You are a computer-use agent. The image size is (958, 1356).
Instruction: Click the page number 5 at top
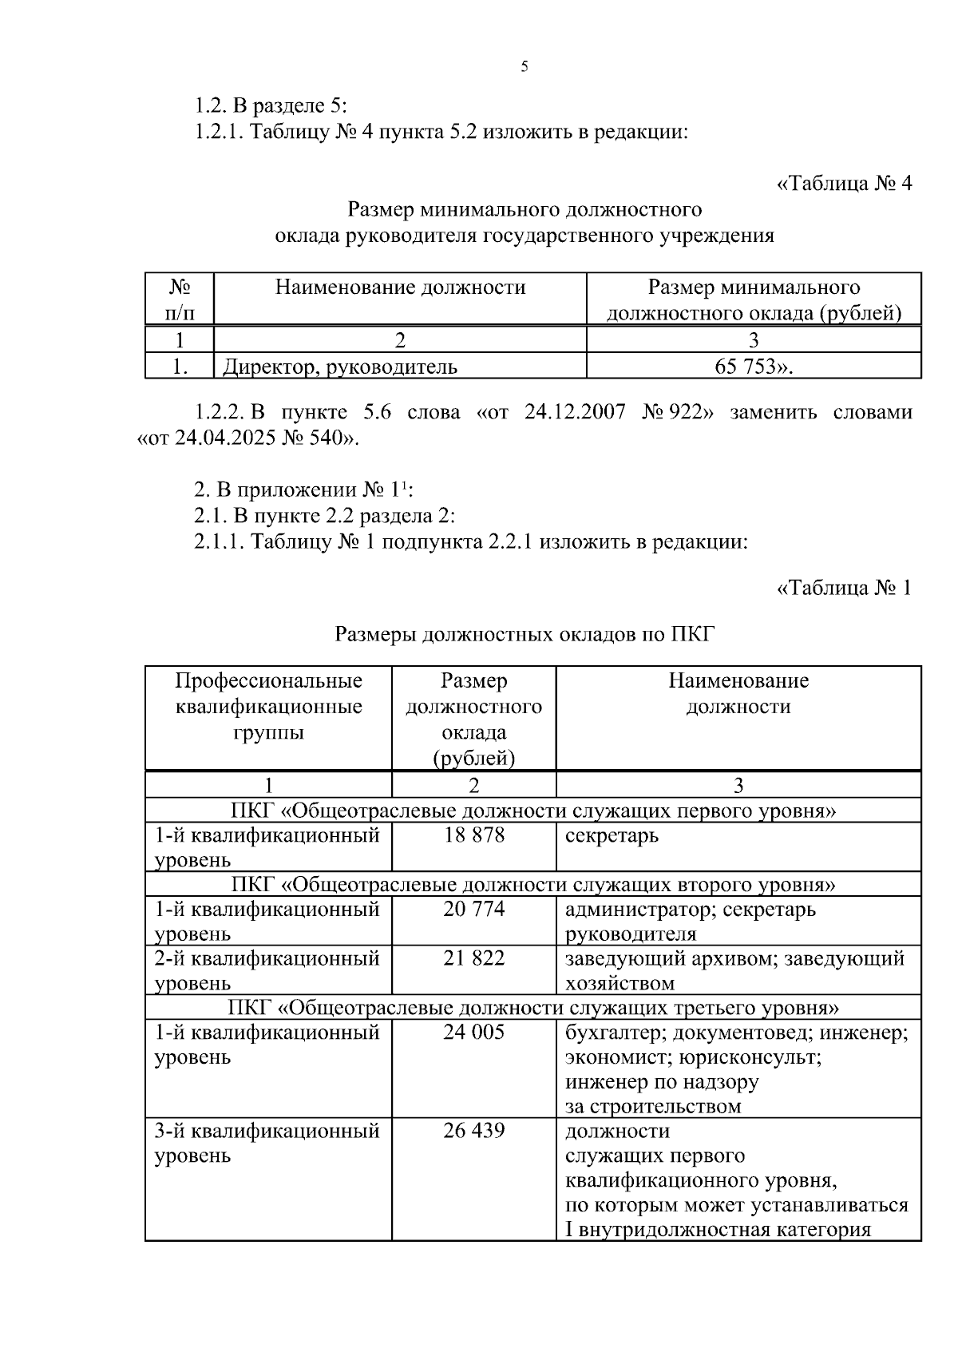tap(525, 67)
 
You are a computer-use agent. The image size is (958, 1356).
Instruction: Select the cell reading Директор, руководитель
tap(340, 367)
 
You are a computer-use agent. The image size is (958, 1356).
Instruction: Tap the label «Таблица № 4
tap(844, 184)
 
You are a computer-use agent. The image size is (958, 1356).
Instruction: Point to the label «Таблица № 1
tap(844, 589)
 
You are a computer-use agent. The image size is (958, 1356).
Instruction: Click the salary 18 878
tap(474, 835)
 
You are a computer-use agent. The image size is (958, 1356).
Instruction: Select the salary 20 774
tap(474, 909)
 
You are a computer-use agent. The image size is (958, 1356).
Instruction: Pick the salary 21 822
tap(474, 958)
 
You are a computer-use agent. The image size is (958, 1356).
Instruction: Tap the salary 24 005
tap(474, 1032)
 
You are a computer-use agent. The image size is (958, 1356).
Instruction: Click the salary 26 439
tap(474, 1130)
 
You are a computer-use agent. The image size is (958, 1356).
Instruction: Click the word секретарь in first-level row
tap(612, 836)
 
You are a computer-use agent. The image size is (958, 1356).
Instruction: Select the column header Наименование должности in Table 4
tap(400, 287)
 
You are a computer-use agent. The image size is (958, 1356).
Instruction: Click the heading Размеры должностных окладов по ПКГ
tap(525, 635)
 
